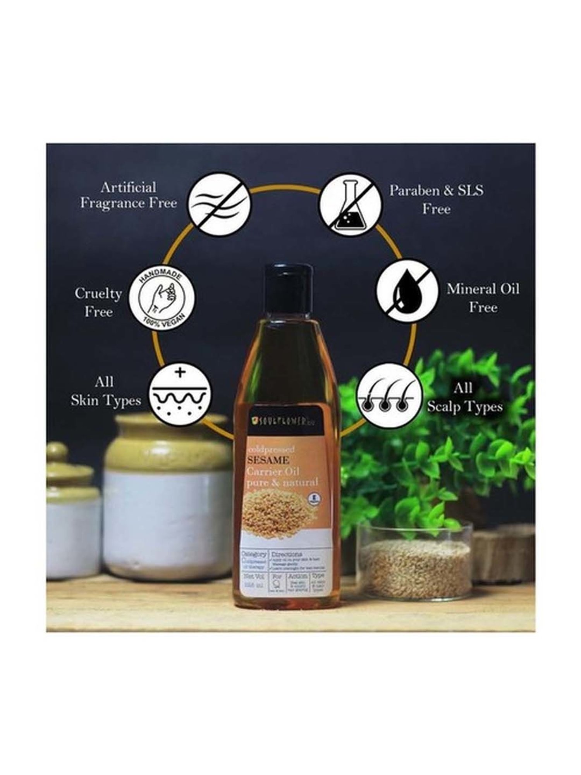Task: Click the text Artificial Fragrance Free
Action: pos(128,195)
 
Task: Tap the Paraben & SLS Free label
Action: pos(437,200)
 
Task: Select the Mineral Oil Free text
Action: pos(483,298)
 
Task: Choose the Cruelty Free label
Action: pos(98,302)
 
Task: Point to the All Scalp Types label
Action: pos(464,398)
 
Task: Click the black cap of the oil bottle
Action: pos(289,287)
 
